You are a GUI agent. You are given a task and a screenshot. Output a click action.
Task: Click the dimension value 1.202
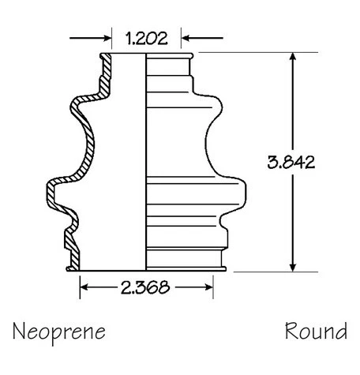[x=146, y=37]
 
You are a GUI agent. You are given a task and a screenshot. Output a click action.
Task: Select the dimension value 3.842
[x=291, y=163]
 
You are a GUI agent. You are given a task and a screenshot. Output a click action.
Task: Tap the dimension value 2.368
[x=148, y=287]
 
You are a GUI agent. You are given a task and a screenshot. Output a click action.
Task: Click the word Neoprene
[x=58, y=329]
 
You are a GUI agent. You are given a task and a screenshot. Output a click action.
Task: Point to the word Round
[x=316, y=329]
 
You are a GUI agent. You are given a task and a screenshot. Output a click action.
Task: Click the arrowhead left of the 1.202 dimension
[x=103, y=37]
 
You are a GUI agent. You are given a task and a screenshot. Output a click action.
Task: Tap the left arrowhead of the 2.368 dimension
[x=86, y=287]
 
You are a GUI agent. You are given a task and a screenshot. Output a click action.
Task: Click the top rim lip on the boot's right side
[x=189, y=56]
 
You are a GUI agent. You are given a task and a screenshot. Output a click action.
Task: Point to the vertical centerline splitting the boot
[x=146, y=158]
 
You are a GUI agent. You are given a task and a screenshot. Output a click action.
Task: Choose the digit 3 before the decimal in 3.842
[x=272, y=163]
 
